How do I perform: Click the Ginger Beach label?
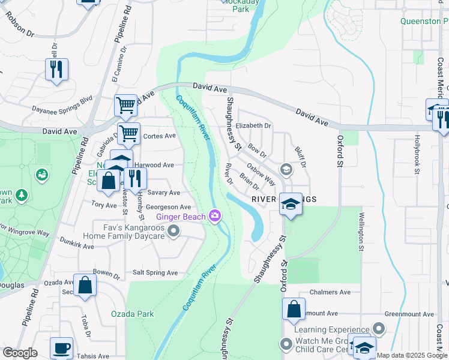click(181, 217)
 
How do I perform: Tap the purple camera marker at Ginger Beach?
click(215, 216)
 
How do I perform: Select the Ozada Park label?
click(132, 314)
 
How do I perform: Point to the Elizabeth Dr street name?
click(253, 126)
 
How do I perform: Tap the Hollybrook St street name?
click(417, 151)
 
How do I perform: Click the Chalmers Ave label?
click(330, 292)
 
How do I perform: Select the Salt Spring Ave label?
click(155, 272)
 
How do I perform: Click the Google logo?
click(20, 353)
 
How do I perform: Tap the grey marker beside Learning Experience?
click(378, 329)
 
